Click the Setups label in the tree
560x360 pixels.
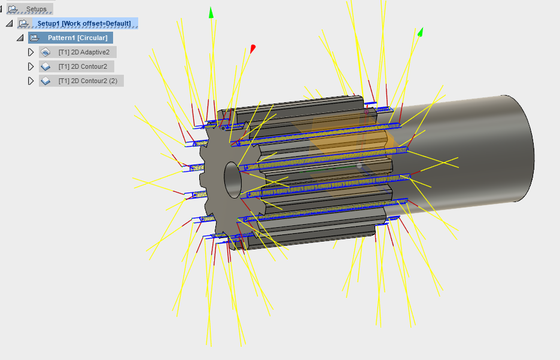point(36,9)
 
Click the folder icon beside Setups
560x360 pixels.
point(13,9)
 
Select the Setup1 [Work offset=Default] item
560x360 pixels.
point(84,23)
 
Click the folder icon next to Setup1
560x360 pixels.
point(23,23)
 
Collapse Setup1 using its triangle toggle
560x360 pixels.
point(9,23)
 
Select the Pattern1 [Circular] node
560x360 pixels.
point(77,38)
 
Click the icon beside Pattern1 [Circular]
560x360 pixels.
point(34,38)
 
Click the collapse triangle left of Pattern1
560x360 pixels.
point(20,38)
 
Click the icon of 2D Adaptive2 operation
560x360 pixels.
point(45,52)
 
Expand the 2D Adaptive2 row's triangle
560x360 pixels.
point(31,52)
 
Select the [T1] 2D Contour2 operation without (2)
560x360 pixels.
point(83,66)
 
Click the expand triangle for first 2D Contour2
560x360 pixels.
point(31,66)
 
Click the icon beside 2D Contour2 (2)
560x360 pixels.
point(45,81)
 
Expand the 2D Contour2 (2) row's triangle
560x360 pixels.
point(31,81)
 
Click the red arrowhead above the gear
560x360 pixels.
point(253,48)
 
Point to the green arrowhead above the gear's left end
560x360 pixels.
point(211,13)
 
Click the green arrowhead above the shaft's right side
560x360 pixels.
point(421,32)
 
